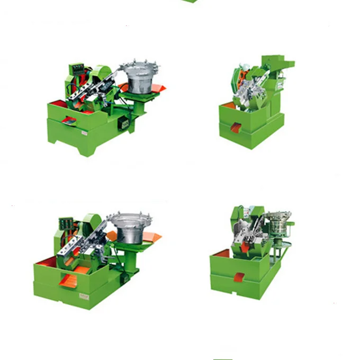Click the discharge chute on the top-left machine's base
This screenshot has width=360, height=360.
click(69, 121)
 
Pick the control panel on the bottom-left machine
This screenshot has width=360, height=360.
click(65, 224)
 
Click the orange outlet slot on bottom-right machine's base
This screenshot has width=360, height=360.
click(240, 277)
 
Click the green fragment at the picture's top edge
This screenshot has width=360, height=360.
click(190, 1)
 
